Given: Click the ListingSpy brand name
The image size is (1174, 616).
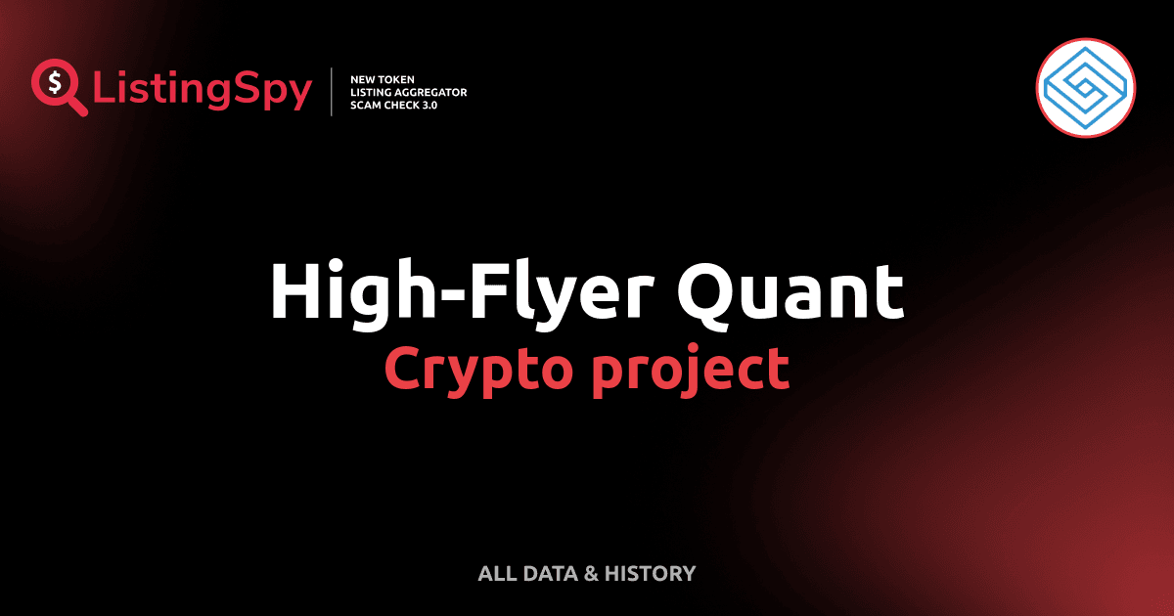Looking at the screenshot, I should click(203, 91).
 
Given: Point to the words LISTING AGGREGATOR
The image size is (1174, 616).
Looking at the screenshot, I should click(408, 92).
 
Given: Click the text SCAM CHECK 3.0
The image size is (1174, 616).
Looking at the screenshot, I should click(393, 105).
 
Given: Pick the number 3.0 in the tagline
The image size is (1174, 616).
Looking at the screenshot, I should click(428, 105).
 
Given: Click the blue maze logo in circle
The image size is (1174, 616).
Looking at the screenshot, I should click(1085, 89).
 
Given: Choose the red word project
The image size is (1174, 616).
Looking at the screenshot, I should click(689, 370).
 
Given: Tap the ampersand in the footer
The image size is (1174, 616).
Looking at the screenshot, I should click(590, 573).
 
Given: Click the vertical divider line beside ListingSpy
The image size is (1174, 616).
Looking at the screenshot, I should click(333, 92).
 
